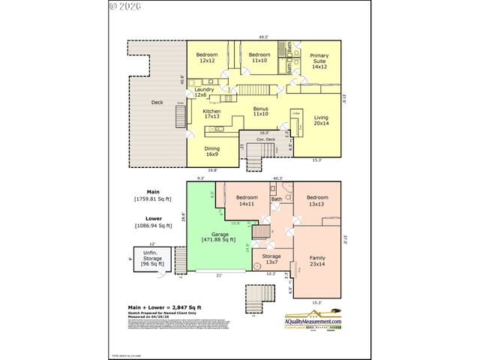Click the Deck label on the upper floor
coord(157,102)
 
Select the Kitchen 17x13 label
coord(211,113)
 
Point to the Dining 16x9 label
coord(212,151)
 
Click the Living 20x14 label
coord(321,121)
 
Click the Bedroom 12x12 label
coord(207,58)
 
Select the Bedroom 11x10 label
coord(259,58)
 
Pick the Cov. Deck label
coord(266,139)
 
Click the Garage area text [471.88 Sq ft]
coord(218,240)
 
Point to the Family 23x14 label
coord(317,261)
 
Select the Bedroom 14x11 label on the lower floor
coord(247,201)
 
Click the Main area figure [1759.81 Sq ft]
coord(153,199)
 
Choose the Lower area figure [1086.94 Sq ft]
coord(153,225)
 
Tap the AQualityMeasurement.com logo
coord(313,321)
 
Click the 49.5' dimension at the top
coord(263,35)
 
